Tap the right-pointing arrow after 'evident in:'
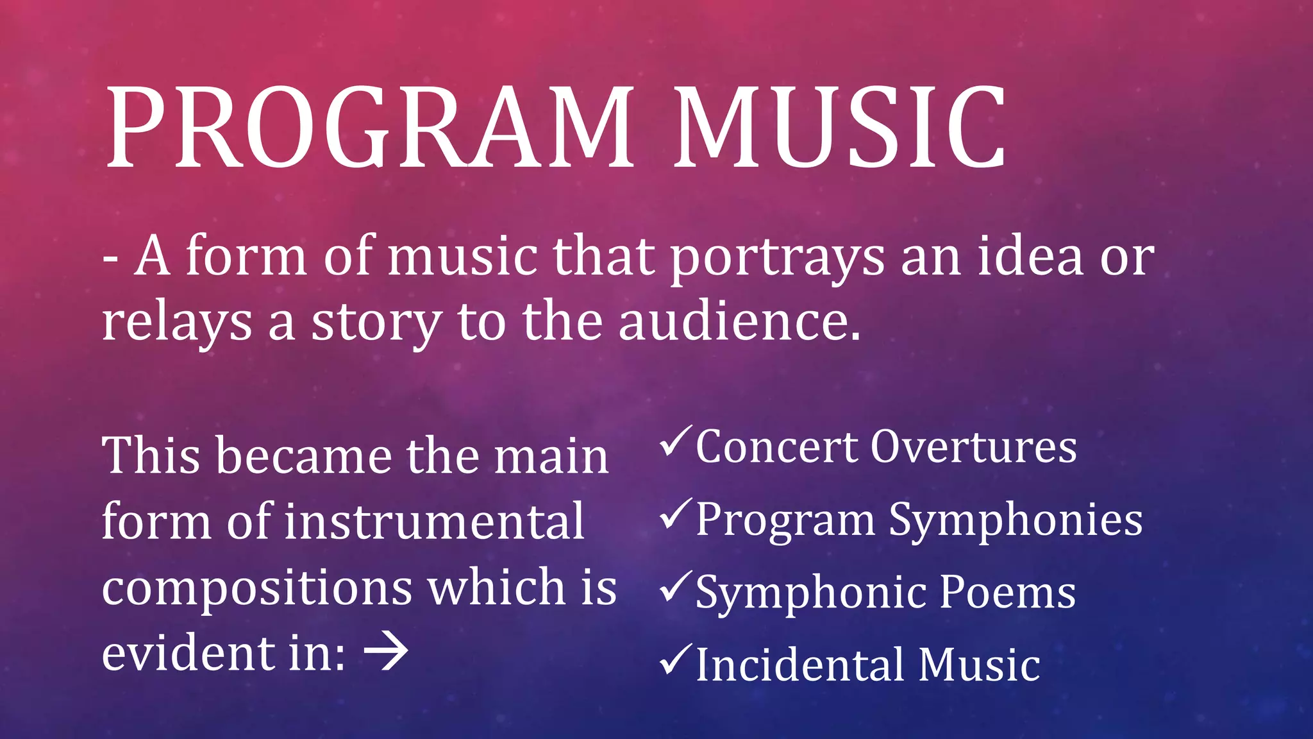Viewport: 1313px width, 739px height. coord(386,652)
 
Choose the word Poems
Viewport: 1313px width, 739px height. coord(1008,591)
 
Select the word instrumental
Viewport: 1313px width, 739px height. coord(434,521)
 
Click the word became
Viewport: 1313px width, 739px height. coord(304,455)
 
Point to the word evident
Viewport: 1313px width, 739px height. coord(185,653)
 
